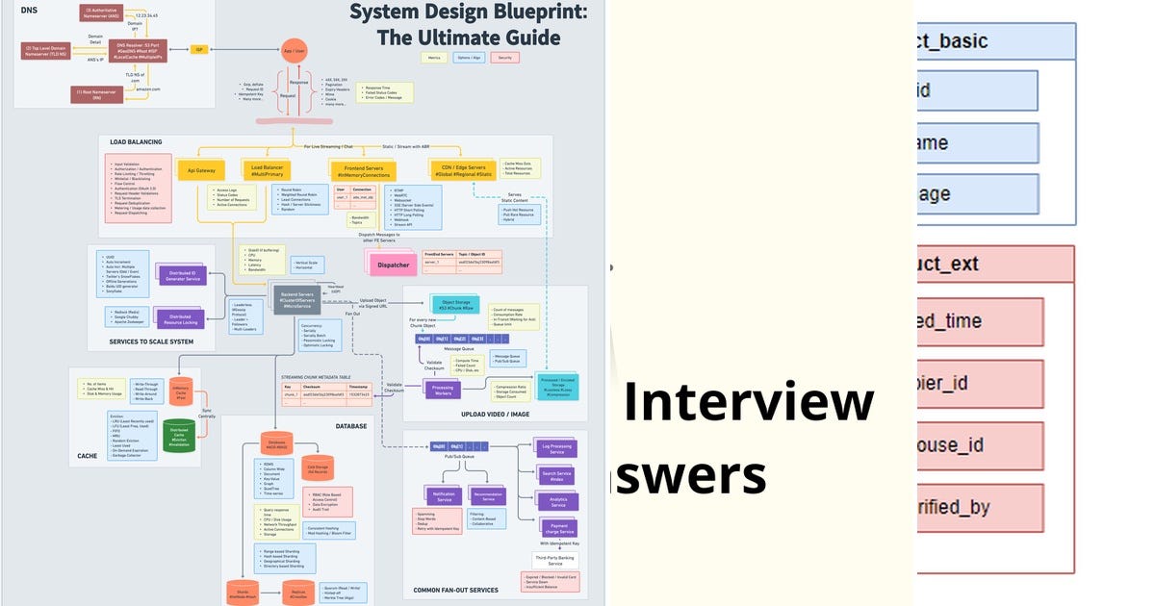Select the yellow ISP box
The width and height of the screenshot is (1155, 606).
tap(200, 49)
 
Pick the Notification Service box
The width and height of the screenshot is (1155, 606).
tap(444, 497)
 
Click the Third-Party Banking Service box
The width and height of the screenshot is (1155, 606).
tap(556, 560)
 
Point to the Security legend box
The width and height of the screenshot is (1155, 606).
tap(503, 58)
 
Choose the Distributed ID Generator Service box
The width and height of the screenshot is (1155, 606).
tap(178, 276)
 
